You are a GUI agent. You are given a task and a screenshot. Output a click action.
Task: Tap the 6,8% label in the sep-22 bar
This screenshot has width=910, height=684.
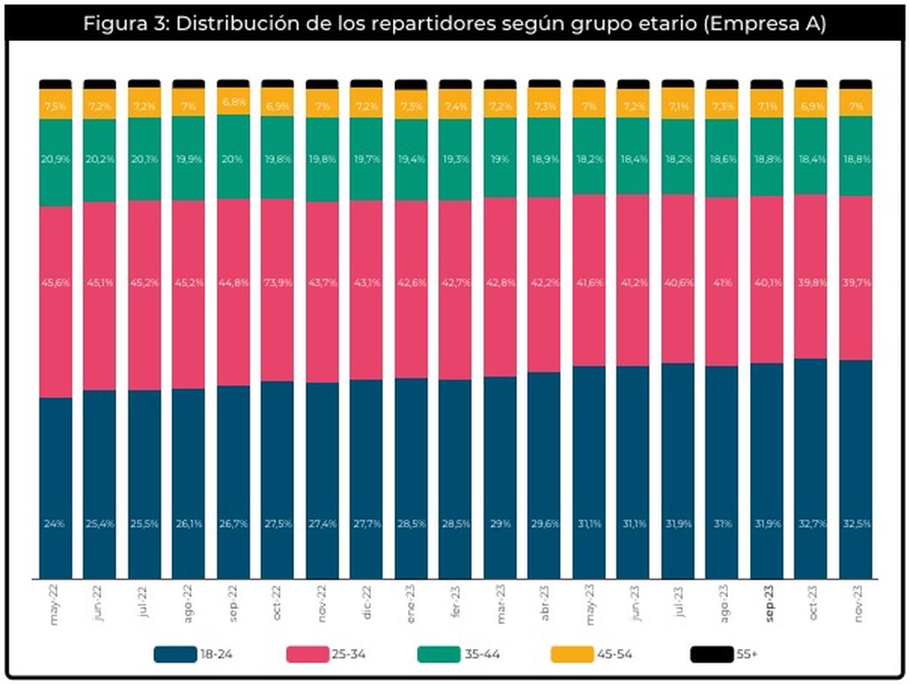(x=233, y=102)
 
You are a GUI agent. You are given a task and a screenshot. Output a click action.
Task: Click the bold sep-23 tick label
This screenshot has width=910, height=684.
(x=767, y=605)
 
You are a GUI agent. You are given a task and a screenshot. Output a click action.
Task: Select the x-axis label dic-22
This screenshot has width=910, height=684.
(x=367, y=604)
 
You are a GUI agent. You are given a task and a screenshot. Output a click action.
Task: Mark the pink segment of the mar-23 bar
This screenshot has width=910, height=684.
(x=500, y=303)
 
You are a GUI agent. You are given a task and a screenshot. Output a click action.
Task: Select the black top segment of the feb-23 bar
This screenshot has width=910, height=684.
(x=456, y=83)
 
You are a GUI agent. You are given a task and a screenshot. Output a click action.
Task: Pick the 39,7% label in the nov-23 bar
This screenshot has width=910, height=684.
(x=855, y=283)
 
